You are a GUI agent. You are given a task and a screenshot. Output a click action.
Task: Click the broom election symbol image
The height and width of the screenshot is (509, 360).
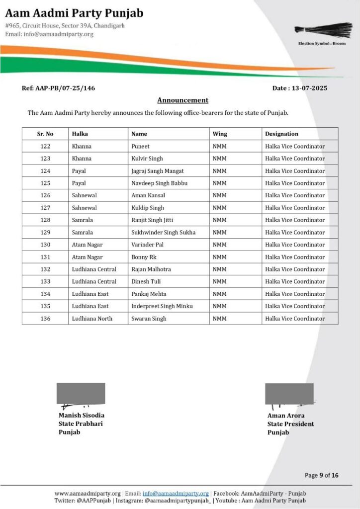point(320,29)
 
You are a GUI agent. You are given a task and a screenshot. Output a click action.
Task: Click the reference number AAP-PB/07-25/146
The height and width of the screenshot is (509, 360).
point(58,88)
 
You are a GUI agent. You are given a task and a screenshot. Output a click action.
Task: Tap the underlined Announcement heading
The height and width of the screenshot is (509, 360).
point(182,100)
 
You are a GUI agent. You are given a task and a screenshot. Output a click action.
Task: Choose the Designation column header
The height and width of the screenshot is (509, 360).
point(281,134)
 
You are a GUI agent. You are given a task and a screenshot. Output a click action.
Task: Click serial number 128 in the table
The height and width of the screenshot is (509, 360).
point(45,220)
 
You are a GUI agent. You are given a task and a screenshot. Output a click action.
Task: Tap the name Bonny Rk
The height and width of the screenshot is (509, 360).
point(144,257)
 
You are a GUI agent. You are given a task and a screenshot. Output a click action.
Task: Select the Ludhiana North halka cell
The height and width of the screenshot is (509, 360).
point(92,319)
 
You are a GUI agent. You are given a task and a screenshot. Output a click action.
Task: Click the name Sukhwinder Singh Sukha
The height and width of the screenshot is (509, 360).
point(163,232)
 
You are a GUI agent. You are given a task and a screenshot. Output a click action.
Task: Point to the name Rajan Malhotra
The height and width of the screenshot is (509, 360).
point(151,269)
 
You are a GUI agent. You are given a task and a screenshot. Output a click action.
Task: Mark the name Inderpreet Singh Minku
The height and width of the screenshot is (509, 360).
point(162,306)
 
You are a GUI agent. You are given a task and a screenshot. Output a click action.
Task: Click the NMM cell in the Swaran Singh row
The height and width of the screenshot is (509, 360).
point(219,319)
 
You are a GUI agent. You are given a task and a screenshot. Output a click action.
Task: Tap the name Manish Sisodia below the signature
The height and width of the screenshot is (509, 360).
point(82,415)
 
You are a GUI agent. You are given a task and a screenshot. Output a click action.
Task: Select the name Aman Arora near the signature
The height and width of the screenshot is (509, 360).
point(286,415)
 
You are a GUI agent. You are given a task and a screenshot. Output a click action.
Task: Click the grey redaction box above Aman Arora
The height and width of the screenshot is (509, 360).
point(289,393)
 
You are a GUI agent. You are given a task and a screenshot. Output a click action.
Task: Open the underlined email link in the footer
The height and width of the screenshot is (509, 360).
point(176,493)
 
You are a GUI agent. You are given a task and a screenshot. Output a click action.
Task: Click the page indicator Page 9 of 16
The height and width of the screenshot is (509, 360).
point(321,475)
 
